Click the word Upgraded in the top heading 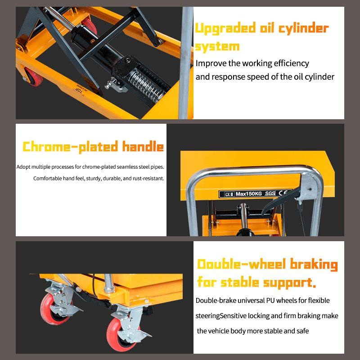[x=225, y=29]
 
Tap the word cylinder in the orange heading [x=303, y=29]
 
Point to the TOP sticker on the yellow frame [x=80, y=90]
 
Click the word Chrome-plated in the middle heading [x=70, y=147]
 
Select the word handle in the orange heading [x=143, y=146]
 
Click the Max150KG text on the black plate [x=249, y=194]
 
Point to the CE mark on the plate [x=283, y=193]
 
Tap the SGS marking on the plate [x=270, y=193]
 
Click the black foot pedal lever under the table [x=280, y=199]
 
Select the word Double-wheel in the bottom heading [x=242, y=264]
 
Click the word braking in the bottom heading [x=314, y=265]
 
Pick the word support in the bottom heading [x=288, y=283]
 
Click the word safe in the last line [x=302, y=331]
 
